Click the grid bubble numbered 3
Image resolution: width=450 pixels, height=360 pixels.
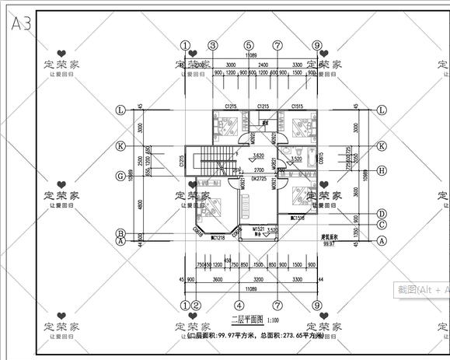212,46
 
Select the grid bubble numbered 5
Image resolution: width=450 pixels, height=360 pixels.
249,46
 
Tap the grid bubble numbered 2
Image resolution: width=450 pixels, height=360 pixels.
197,306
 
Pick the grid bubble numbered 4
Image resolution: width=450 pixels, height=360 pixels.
239,306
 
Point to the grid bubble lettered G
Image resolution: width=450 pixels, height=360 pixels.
120,176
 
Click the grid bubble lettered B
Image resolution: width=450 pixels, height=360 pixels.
120,232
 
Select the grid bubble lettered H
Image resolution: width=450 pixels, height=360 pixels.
382,170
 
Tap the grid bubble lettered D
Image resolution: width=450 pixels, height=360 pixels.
382,213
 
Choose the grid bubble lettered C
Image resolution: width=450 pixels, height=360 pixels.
382,225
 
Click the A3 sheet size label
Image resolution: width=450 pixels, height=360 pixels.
21,23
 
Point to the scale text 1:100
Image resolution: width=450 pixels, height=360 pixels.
275,320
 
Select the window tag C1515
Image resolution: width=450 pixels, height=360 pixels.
297,106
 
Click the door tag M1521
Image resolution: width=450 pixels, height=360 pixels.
259,229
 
